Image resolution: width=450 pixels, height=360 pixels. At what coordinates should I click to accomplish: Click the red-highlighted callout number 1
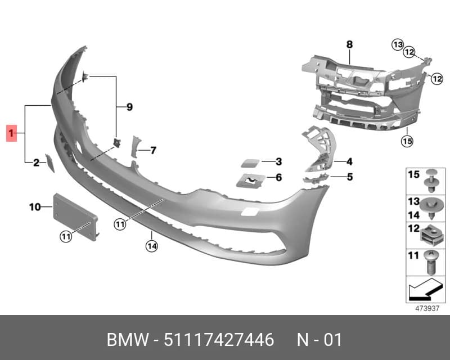[11, 133]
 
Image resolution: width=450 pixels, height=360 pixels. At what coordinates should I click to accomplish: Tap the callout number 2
[36, 163]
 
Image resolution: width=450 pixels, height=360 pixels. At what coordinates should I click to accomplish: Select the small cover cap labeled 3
[250, 163]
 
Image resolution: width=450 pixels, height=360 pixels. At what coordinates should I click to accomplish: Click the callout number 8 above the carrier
[349, 44]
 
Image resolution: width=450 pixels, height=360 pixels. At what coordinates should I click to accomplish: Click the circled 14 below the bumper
[151, 246]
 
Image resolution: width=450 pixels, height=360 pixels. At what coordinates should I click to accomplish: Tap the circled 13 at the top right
[398, 45]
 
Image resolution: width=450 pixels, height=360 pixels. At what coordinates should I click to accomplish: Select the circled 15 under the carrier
[407, 141]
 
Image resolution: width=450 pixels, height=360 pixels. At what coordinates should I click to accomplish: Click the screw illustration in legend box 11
[429, 262]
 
